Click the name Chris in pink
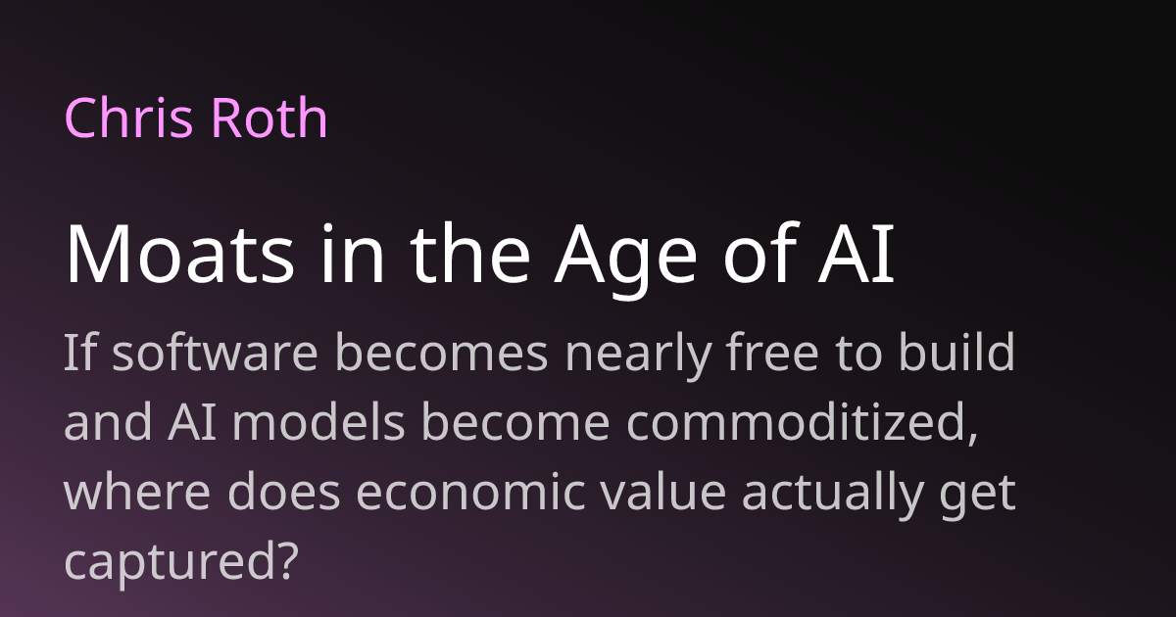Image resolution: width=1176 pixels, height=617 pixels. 124,119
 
